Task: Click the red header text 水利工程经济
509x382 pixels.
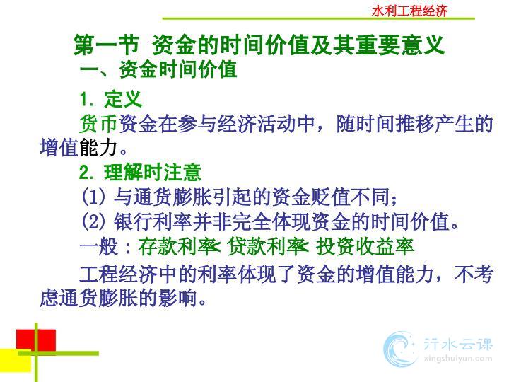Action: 409,11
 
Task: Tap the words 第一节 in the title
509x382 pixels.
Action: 107,45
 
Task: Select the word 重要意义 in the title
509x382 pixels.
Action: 400,45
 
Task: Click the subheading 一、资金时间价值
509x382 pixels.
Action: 158,69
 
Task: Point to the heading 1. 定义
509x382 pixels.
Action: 111,99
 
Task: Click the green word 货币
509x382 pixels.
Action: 98,124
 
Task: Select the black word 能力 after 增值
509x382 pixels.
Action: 98,147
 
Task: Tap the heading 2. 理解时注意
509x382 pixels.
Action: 140,172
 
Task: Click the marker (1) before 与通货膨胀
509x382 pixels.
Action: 93,197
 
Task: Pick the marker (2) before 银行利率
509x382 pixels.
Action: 93,221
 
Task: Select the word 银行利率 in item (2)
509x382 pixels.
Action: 153,221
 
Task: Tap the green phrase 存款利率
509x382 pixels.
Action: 177,247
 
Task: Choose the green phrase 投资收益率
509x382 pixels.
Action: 365,247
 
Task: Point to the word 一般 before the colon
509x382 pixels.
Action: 99,247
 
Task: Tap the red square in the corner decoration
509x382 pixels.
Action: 36,340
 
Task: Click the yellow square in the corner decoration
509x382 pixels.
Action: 16,360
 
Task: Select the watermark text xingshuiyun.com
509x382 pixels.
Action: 457,359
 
